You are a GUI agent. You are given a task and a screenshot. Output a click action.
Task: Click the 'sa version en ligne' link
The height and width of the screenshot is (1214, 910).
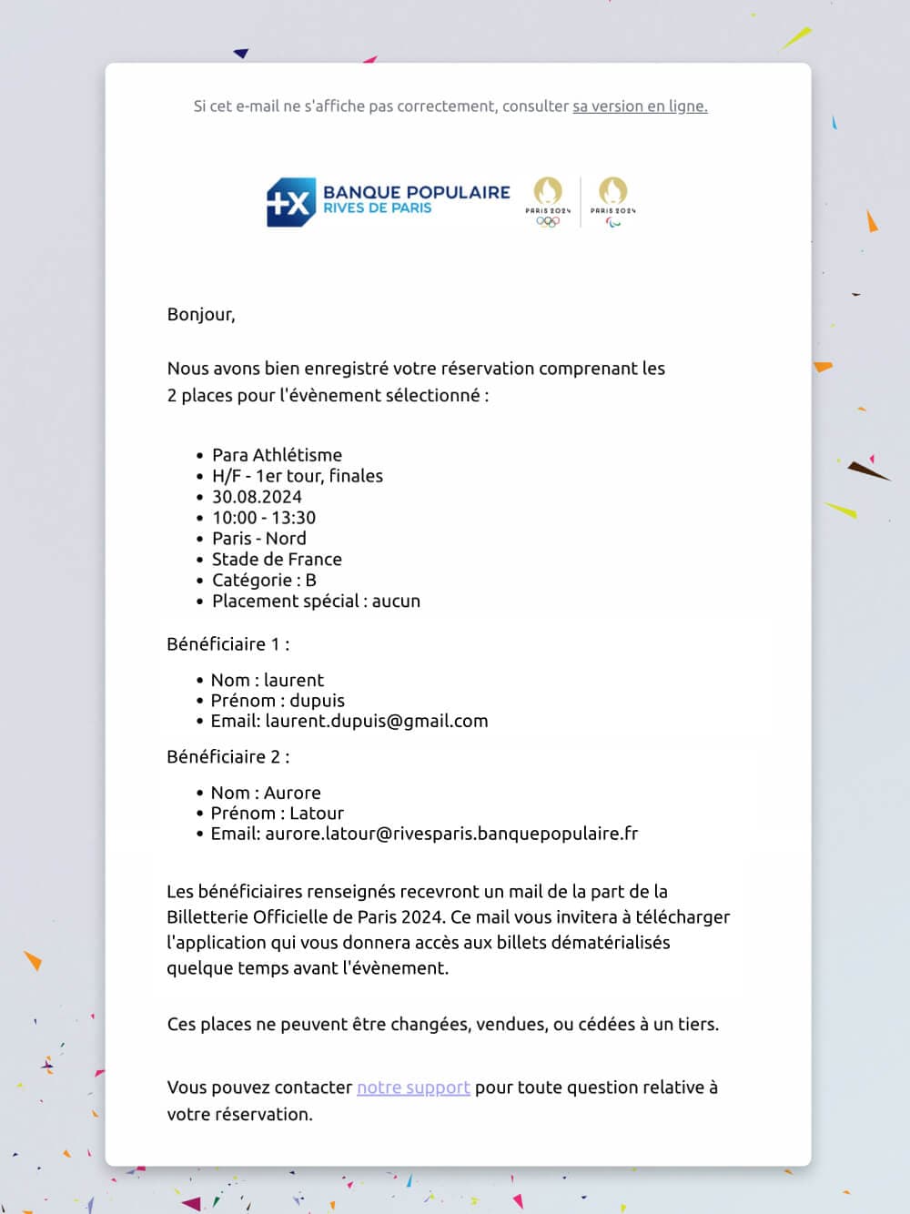coord(640,106)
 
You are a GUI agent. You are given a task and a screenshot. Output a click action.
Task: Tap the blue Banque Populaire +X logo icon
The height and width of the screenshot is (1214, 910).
coord(290,202)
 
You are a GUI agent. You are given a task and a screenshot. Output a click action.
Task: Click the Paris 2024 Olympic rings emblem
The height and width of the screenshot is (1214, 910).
coord(548,201)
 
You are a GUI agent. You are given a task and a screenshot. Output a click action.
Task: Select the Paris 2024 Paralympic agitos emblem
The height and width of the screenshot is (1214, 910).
coord(612,201)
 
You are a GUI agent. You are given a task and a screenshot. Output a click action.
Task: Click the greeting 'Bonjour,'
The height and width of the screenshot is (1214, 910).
coord(201,315)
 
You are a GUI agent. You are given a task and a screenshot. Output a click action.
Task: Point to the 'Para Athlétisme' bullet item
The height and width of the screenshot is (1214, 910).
coord(277,455)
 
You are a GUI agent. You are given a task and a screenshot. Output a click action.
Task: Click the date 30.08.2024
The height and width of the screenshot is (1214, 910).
coord(257,497)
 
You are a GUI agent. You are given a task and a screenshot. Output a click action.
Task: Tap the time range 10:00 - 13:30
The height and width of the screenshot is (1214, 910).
coord(264,518)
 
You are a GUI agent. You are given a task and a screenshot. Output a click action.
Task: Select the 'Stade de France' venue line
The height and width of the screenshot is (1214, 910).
coord(277,560)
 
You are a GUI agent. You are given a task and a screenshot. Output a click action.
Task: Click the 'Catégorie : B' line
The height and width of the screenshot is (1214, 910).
coord(264,581)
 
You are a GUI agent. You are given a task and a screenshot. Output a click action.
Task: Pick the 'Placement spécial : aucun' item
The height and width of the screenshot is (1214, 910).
coord(316,602)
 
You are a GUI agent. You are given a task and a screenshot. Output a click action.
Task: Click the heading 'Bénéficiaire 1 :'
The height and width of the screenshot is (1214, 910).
coord(228,644)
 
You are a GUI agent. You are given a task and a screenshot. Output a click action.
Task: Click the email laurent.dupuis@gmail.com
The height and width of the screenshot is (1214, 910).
coord(376,722)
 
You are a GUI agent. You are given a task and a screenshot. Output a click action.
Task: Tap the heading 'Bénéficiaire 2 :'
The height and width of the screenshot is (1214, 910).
coord(228,757)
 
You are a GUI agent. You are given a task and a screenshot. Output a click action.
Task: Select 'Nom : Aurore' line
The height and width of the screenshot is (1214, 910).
coord(266,794)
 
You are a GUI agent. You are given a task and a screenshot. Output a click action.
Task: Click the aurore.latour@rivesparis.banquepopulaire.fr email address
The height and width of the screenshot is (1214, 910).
coord(451,834)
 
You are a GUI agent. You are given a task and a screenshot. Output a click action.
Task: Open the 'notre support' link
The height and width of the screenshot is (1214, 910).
coord(413,1088)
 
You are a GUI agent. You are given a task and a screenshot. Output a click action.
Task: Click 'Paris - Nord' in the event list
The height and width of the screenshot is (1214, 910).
coord(258,539)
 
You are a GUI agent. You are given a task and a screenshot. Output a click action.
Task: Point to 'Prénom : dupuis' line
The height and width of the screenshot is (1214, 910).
coord(278,701)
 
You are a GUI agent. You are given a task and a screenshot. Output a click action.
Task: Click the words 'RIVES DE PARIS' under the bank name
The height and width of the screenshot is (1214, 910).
coord(378,208)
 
